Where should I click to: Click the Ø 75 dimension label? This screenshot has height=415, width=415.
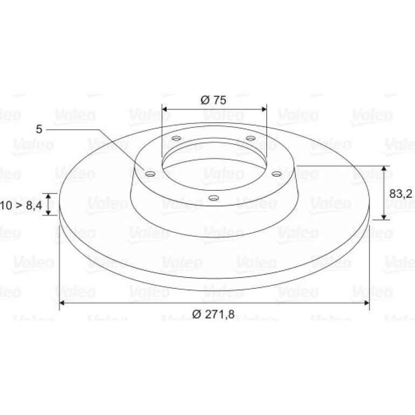[x=213, y=100]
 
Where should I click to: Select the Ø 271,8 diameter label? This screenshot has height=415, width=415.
[x=213, y=314]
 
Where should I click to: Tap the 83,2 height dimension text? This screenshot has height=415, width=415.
[x=400, y=194]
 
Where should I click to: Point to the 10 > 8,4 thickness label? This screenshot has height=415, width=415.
[x=21, y=205]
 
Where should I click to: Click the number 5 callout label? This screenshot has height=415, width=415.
[x=39, y=129]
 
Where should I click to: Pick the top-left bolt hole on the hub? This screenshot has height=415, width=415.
[x=176, y=138]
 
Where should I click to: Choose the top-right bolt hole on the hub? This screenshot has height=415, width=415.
[x=251, y=138]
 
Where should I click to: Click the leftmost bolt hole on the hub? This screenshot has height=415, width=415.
[x=150, y=174]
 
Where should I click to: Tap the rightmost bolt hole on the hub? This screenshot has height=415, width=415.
[x=277, y=174]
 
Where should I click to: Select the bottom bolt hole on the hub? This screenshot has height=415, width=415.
[x=213, y=198]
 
